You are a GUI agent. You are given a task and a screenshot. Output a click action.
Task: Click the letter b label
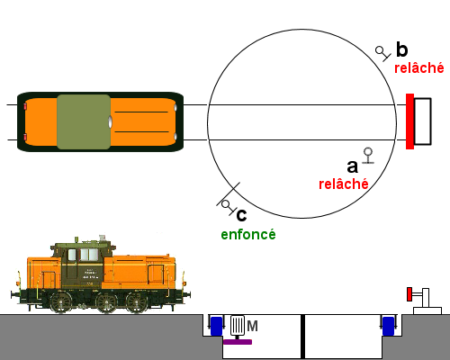click(x=402, y=49)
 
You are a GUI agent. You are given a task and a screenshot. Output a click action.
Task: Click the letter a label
click(x=353, y=166)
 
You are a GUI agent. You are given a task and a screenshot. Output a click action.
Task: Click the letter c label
click(x=241, y=215)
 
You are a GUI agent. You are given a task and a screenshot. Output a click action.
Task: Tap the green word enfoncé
click(x=248, y=235)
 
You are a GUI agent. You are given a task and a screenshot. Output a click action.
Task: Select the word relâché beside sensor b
click(x=418, y=68)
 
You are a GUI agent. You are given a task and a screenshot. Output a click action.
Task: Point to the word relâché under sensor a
click(x=344, y=184)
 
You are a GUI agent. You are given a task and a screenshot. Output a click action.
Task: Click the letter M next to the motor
click(x=252, y=326)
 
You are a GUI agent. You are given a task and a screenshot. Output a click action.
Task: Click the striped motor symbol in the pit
click(x=238, y=326)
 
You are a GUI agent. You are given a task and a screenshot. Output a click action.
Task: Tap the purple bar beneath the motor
click(x=238, y=342)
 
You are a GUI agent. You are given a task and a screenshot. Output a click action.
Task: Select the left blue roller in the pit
click(x=217, y=326)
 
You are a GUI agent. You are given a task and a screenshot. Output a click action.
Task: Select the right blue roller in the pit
click(x=388, y=326)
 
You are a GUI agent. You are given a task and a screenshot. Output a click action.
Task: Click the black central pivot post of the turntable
click(x=302, y=337)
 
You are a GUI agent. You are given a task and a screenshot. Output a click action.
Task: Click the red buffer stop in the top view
click(x=409, y=121)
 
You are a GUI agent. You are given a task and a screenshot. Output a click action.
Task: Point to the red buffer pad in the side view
click(x=409, y=294)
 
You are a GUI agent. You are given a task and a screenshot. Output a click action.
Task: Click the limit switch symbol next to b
click(x=383, y=53)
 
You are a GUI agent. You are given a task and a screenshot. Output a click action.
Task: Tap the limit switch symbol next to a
click(x=368, y=156)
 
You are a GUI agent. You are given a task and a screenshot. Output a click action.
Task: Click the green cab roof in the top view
click(x=84, y=121)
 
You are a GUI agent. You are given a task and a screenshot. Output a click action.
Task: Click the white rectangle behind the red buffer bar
click(x=423, y=121)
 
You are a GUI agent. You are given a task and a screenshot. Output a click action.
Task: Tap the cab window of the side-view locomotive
click(x=84, y=255)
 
